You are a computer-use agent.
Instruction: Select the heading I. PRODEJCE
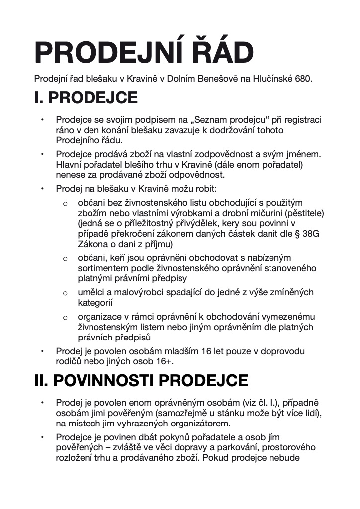[x=86, y=98]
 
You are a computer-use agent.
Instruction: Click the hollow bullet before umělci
[x=65, y=293]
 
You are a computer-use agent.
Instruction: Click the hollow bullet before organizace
[x=65, y=317]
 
